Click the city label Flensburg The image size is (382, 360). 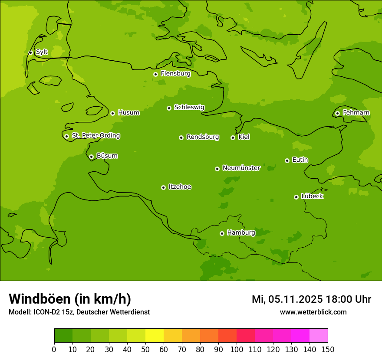click(175, 74)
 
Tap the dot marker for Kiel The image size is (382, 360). click(233, 137)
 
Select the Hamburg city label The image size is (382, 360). click(241, 233)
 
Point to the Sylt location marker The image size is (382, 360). click(30, 52)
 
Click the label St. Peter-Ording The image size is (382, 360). click(95, 136)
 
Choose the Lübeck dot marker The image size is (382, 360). click(296, 197)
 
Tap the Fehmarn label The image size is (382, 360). click(356, 113)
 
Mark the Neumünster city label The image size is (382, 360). click(241, 168)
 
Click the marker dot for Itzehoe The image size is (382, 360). click(163, 187)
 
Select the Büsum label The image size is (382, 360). click(107, 156)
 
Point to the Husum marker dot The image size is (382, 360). click(112, 113)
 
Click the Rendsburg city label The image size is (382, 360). click(202, 137)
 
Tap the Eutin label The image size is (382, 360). click(300, 160)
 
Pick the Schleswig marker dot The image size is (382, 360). click(169, 108)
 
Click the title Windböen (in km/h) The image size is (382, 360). click(70, 299)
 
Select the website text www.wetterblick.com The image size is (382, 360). click(313, 312)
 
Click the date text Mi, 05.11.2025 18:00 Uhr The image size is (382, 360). click(311, 299)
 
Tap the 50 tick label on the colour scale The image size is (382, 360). click(145, 349)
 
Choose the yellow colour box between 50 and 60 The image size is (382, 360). click(155, 336)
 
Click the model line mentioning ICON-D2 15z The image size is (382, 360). click(79, 312)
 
